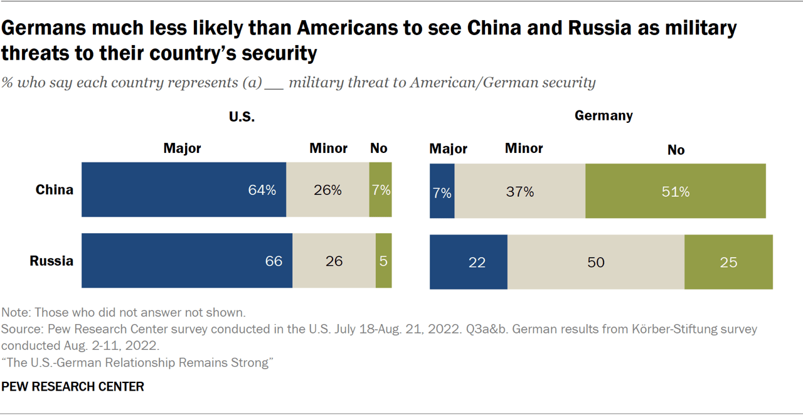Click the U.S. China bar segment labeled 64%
tap(184, 190)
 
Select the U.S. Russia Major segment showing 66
tap(187, 261)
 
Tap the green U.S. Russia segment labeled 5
tap(383, 261)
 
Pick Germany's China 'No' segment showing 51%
tap(675, 191)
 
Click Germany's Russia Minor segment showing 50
tap(595, 262)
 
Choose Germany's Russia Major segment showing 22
tap(469, 262)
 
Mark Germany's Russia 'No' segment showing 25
tap(728, 262)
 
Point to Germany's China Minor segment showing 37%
tap(520, 191)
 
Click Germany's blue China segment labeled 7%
tap(442, 191)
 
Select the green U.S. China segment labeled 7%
tap(380, 190)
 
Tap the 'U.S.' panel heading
tap(242, 117)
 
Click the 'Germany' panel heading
tap(604, 115)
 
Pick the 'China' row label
tap(55, 190)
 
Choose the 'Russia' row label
tap(52, 261)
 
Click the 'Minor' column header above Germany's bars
tap(524, 149)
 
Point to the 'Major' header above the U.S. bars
tap(182, 149)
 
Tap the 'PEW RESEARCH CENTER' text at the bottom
tap(73, 387)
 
